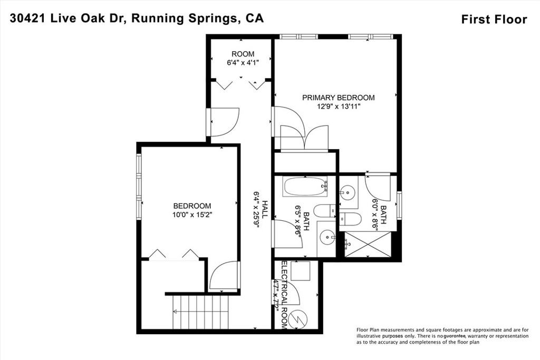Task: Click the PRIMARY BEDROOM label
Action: [x=338, y=98]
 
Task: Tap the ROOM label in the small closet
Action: [x=243, y=54]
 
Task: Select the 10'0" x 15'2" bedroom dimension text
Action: [x=192, y=215]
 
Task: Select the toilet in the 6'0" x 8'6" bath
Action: [x=350, y=219]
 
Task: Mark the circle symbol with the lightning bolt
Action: [x=299, y=319]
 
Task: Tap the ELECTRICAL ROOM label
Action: [x=284, y=295]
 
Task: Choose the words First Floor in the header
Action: [x=494, y=20]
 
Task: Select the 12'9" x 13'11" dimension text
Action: [x=338, y=106]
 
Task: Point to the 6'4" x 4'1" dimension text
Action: [x=243, y=63]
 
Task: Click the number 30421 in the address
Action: [x=27, y=18]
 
